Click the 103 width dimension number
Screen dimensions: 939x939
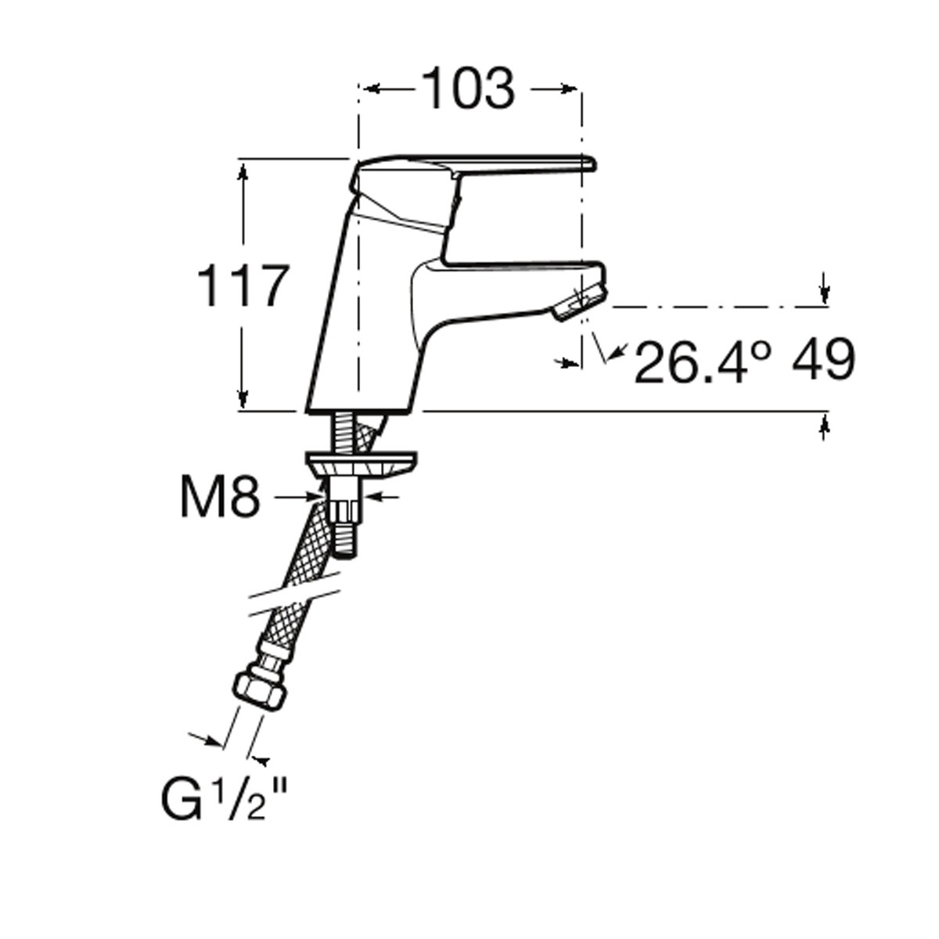[x=468, y=89]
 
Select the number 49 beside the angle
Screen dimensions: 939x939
[x=822, y=360]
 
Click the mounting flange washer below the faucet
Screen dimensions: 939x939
[x=361, y=463]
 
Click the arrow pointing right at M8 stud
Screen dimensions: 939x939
[x=298, y=497]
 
